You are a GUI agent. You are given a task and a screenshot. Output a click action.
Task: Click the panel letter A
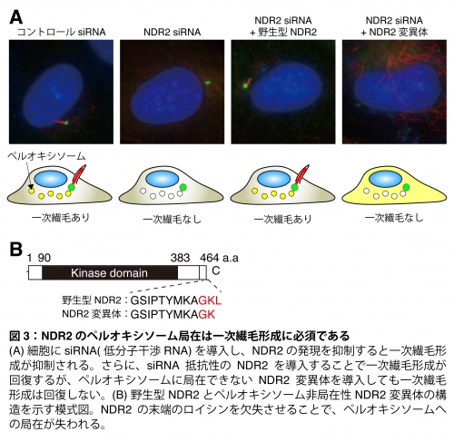16,17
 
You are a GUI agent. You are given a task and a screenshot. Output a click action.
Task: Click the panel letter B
16,249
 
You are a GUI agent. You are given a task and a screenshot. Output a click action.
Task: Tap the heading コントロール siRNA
61,32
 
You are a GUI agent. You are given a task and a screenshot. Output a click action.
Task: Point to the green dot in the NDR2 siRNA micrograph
207,82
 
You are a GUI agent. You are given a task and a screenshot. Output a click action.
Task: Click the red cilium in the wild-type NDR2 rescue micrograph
249,82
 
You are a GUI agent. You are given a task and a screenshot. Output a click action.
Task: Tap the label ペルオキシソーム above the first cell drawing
46,156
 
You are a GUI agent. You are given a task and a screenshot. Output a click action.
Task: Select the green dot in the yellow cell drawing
406,187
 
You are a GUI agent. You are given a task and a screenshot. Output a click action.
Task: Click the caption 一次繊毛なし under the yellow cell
394,218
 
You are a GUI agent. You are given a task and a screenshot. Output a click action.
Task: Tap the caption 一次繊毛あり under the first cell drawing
61,218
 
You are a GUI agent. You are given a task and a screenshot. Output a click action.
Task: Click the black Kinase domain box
110,272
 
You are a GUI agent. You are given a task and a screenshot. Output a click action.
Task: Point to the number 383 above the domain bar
180,258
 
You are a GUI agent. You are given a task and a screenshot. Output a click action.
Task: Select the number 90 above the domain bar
44,258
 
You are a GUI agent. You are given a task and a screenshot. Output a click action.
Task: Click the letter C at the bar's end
215,270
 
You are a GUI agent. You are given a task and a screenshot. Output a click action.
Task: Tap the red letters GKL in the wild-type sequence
210,300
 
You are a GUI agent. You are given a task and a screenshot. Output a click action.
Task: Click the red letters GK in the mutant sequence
207,314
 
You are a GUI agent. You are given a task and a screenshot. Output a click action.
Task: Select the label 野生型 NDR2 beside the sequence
92,300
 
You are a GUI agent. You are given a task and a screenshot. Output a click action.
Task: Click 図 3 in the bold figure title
19,336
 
